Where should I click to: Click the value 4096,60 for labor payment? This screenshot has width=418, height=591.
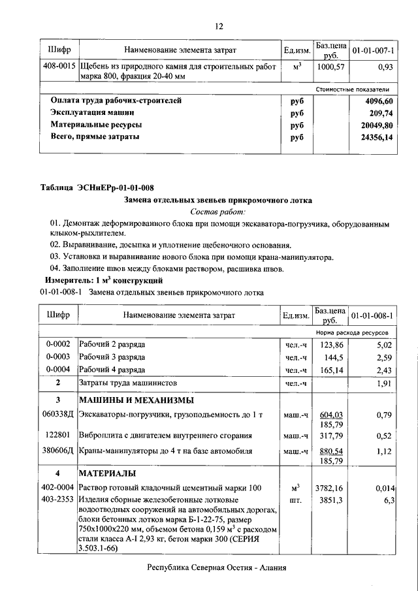(x=379, y=101)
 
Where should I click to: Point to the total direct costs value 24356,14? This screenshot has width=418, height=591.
(x=377, y=137)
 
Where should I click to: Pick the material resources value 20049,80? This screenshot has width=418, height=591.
(x=377, y=125)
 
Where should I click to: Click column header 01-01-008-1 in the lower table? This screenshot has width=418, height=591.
(x=373, y=315)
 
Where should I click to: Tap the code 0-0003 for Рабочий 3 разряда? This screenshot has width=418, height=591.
(x=59, y=357)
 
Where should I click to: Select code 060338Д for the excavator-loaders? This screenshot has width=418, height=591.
(x=58, y=414)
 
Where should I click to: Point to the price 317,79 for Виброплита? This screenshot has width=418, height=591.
(x=330, y=436)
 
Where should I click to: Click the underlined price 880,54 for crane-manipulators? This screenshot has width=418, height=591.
(x=330, y=451)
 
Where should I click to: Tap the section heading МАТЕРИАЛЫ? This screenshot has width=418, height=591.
(x=108, y=473)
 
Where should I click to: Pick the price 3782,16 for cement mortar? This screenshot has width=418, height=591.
(x=330, y=487)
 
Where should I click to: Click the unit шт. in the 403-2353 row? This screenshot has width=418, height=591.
(x=295, y=500)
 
